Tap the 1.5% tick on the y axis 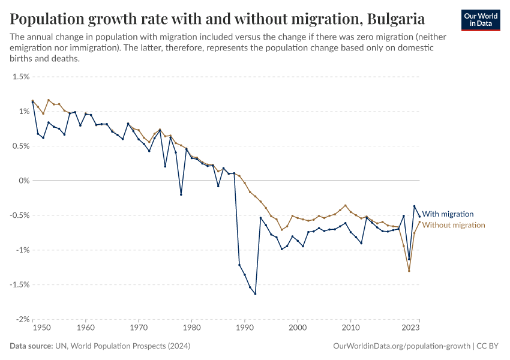[x=21, y=77]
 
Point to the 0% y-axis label [x=23, y=181]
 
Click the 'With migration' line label [x=448, y=214]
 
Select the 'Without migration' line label [x=453, y=225]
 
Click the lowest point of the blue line [x=255, y=294]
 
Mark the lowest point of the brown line [x=409, y=271]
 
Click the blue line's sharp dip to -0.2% [x=181, y=194]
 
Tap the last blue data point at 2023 [x=419, y=217]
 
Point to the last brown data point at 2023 [x=419, y=223]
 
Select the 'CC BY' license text [x=489, y=346]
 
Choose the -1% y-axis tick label [x=22, y=250]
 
